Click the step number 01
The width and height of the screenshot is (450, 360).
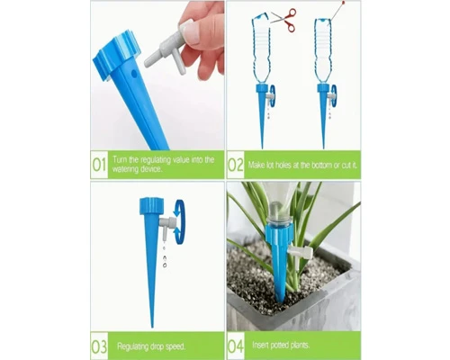(99, 165)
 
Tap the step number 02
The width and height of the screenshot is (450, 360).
(235, 165)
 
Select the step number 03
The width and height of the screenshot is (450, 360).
(99, 346)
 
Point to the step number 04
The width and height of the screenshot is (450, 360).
(236, 346)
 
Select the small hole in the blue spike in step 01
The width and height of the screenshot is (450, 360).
(134, 73)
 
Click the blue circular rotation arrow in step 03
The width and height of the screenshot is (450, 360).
(180, 222)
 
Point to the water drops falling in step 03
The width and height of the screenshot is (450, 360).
(164, 256)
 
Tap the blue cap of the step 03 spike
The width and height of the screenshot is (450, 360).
(151, 206)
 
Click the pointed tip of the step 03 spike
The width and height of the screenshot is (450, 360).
(152, 327)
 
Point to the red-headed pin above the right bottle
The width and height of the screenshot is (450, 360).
(337, 10)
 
